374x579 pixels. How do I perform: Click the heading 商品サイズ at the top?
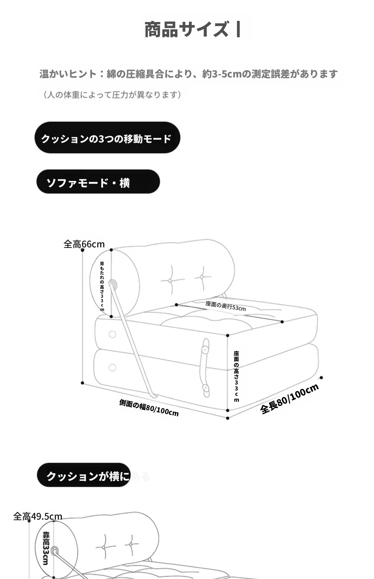click(x=186, y=29)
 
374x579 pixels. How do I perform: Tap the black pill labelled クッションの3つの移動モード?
click(x=107, y=138)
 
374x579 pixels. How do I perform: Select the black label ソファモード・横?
click(x=98, y=182)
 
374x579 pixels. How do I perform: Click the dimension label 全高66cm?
click(x=84, y=244)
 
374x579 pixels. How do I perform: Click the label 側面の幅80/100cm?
click(x=149, y=408)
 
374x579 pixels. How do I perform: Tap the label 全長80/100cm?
click(x=289, y=399)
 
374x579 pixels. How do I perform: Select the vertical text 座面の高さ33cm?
click(x=236, y=376)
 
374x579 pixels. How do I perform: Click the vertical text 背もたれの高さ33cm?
click(x=102, y=286)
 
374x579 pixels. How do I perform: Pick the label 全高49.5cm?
click(x=38, y=517)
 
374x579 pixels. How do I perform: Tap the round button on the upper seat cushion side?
click(x=112, y=334)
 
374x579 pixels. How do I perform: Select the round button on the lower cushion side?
click(x=112, y=368)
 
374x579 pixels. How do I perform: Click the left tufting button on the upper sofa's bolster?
click(x=170, y=281)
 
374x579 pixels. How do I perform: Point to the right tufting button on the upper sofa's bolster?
click(x=202, y=277)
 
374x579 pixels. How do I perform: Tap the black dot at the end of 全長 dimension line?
click(x=321, y=377)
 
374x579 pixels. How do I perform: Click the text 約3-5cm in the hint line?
click(x=222, y=74)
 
